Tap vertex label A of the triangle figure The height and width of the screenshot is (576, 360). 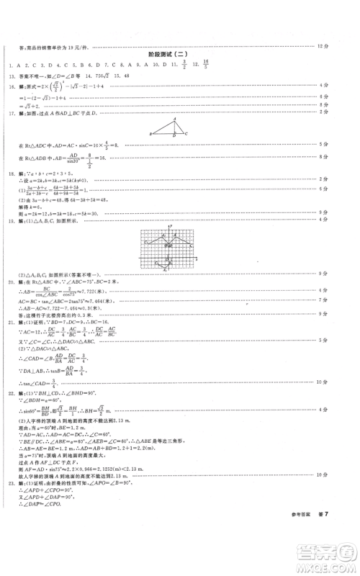point(174,118)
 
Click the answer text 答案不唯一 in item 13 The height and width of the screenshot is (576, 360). point(31,76)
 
